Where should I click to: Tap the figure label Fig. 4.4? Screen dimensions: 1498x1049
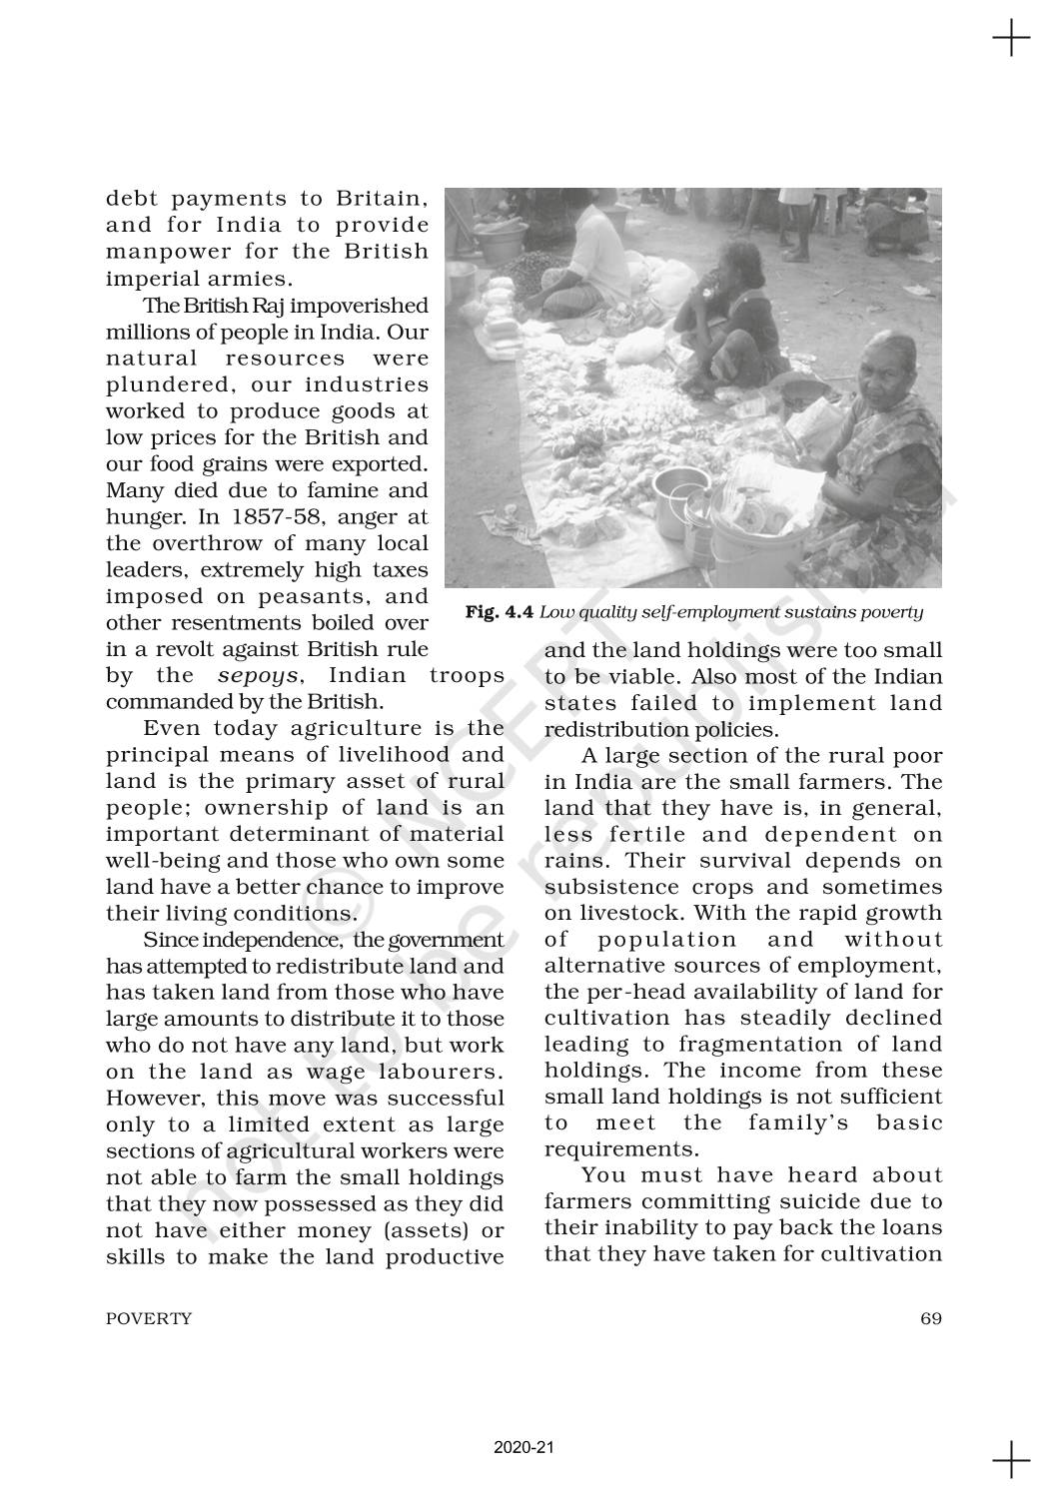coord(499,612)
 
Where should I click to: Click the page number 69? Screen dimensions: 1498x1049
coord(930,1318)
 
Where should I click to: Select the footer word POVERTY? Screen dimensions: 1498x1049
coord(149,1318)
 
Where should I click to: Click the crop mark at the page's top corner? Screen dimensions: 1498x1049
coord(1011,40)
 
